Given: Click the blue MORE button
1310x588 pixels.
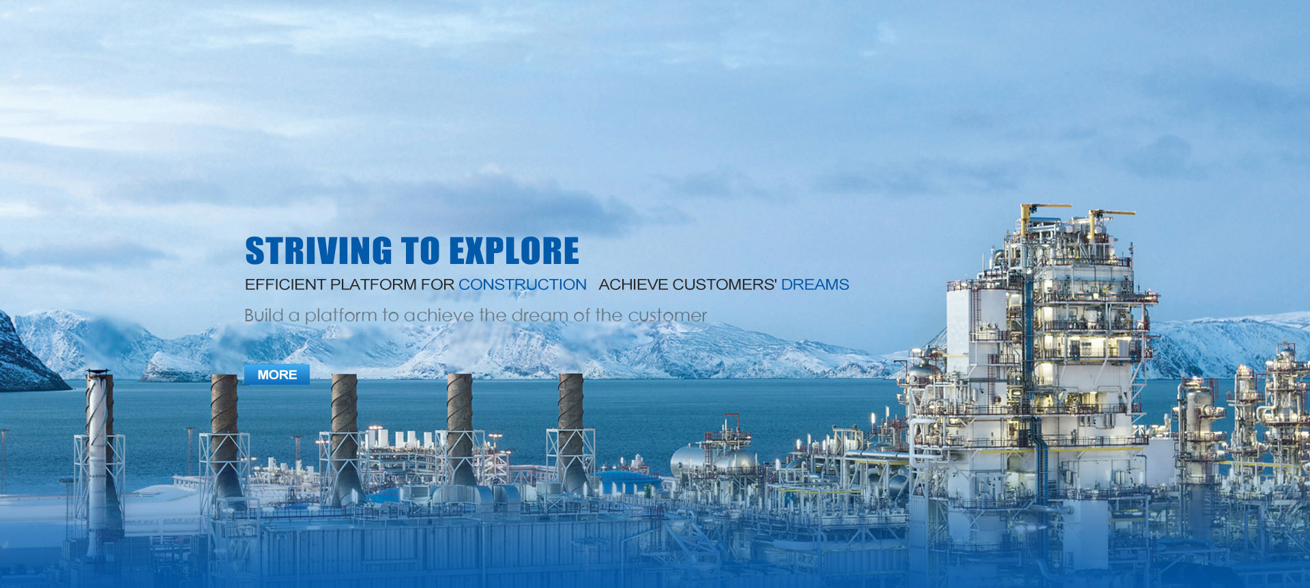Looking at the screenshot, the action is [277, 374].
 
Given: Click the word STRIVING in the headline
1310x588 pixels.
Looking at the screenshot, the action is [319, 250].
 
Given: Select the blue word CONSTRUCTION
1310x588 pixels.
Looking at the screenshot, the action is [522, 284].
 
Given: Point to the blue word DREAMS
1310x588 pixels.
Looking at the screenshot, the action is [815, 284].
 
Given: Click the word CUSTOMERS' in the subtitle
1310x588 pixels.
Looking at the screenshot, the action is [725, 284].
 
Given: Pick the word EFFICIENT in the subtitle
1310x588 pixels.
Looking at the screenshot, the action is [285, 284].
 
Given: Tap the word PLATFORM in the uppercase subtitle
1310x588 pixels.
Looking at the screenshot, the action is [373, 284].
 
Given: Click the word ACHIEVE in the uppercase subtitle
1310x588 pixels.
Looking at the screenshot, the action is [633, 284].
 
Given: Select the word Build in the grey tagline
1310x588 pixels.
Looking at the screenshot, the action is [263, 315].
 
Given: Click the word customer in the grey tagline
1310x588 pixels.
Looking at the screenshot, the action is [667, 315].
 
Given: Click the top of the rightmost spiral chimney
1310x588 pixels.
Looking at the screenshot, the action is [570, 375].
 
